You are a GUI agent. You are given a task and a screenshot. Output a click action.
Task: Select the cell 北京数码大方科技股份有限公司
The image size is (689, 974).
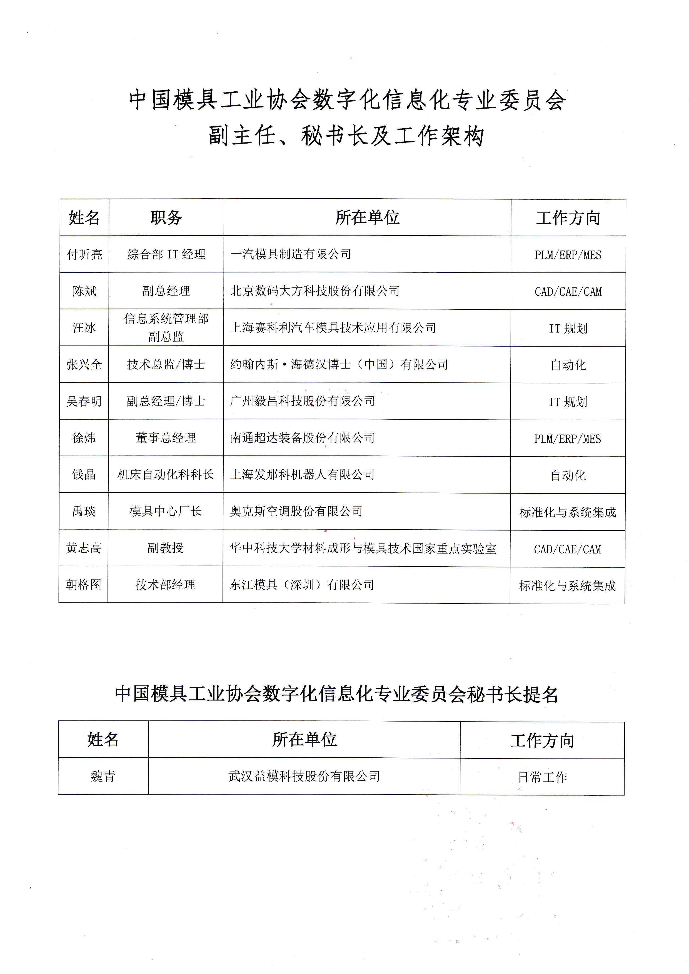315,291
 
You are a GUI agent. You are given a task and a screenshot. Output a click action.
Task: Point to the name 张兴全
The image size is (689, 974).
84,364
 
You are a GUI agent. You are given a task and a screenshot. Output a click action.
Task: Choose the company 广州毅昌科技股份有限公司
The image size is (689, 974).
302,401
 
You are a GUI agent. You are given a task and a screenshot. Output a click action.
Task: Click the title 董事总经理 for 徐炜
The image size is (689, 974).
166,438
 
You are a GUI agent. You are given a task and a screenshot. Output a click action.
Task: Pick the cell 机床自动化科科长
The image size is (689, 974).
166,474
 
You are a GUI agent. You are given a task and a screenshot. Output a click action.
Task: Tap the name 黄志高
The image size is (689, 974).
84,548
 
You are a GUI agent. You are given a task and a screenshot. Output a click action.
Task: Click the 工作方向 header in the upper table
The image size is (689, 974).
568,218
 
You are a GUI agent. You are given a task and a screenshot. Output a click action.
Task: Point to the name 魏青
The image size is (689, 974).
103,776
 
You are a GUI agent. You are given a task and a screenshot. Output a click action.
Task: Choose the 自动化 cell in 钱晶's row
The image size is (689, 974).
568,475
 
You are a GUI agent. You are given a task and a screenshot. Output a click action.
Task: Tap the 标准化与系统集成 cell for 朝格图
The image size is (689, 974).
567,586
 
